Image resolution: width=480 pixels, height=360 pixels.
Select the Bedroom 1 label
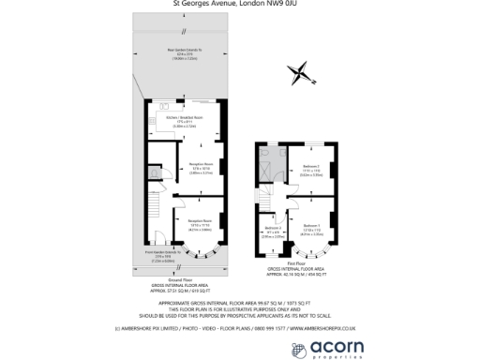pyautogui.click(x=312, y=225)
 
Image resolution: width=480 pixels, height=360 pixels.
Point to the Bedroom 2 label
pyautogui.click(x=311, y=167)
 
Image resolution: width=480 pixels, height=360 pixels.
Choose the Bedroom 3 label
pyautogui.click(x=272, y=228)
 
